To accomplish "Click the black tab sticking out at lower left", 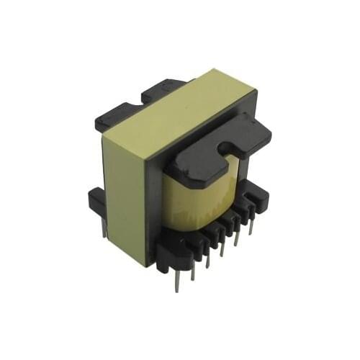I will tap(96, 197).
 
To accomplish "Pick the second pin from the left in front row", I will tap(207, 256).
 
